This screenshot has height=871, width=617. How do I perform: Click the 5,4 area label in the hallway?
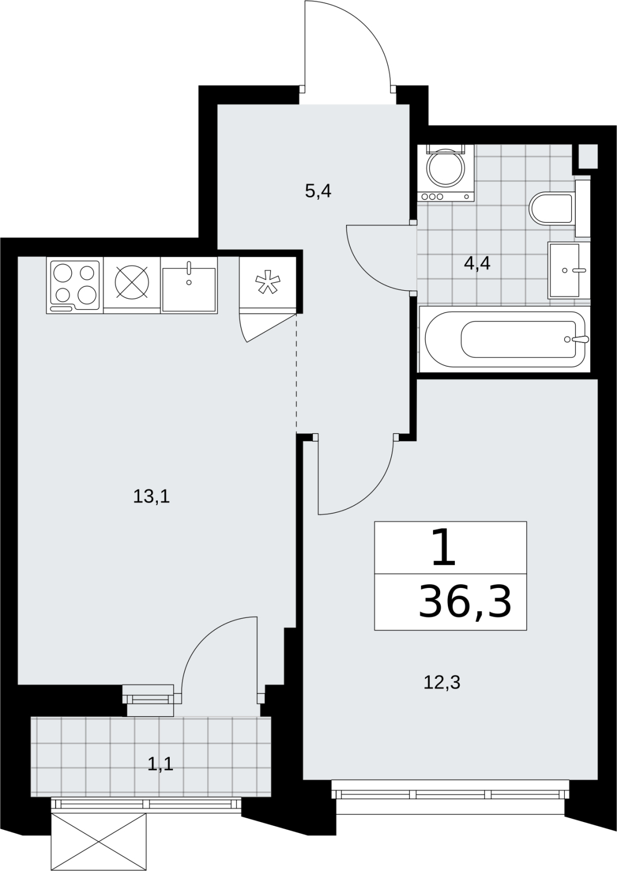tap(318, 192)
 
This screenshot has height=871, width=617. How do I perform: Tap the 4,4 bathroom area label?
tap(477, 264)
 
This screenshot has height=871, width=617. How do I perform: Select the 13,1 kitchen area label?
tap(152, 497)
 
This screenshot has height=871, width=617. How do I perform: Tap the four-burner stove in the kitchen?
tap(75, 286)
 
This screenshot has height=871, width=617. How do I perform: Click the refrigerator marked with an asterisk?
tap(268, 283)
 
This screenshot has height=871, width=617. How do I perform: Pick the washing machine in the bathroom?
tap(446, 173)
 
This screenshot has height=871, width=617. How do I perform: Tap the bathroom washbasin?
tap(569, 271)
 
